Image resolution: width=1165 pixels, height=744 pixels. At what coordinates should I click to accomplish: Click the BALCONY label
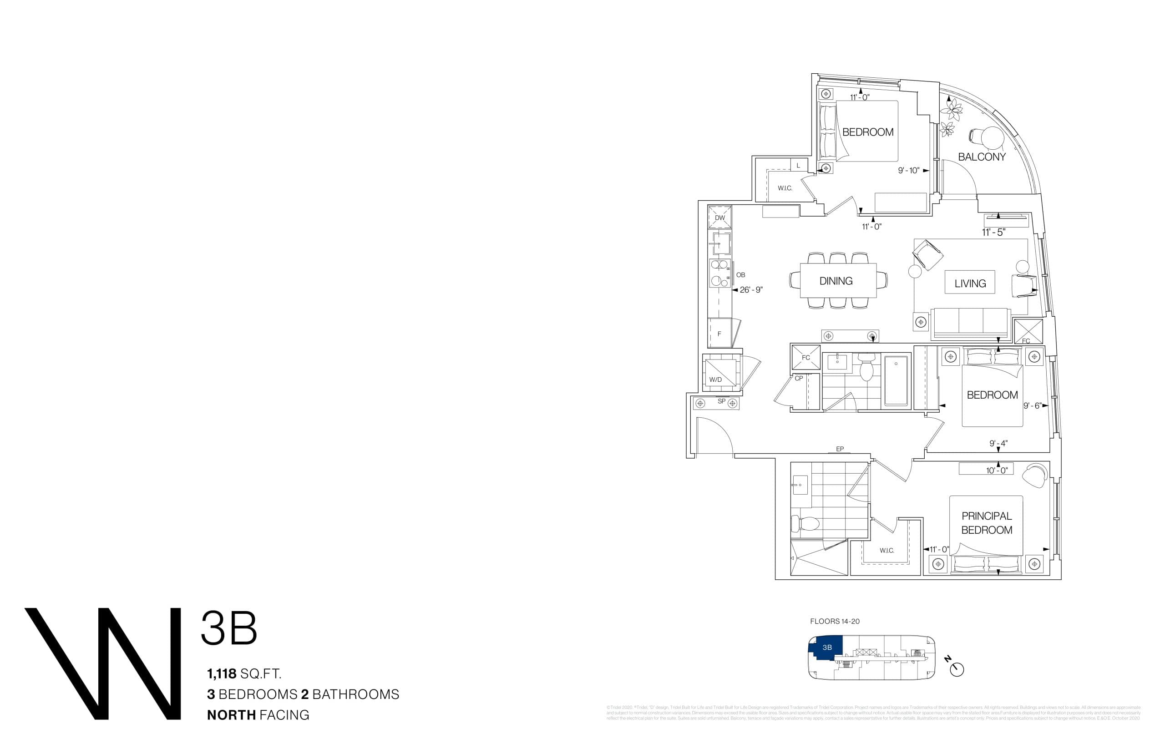click(x=982, y=157)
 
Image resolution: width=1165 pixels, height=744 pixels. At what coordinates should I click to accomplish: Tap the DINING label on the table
click(x=836, y=281)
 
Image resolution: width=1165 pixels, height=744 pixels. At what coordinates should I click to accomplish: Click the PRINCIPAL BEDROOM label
click(x=987, y=523)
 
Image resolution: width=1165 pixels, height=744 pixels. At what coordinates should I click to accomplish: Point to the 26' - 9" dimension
click(x=751, y=290)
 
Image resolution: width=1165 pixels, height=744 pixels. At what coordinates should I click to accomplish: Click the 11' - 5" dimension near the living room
click(x=993, y=232)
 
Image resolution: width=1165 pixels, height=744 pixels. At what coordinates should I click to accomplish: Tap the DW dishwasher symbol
click(x=720, y=217)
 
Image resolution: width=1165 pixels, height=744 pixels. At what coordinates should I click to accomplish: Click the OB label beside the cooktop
click(x=741, y=275)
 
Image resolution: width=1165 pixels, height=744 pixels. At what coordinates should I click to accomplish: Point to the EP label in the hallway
click(x=840, y=449)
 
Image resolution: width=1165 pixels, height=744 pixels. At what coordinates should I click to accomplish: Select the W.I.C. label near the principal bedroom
click(x=887, y=551)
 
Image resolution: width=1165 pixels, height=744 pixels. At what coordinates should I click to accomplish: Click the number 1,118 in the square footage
click(x=222, y=673)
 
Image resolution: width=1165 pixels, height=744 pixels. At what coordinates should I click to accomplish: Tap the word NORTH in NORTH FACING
click(x=231, y=714)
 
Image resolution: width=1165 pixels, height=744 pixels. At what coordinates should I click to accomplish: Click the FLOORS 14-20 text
click(x=835, y=621)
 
